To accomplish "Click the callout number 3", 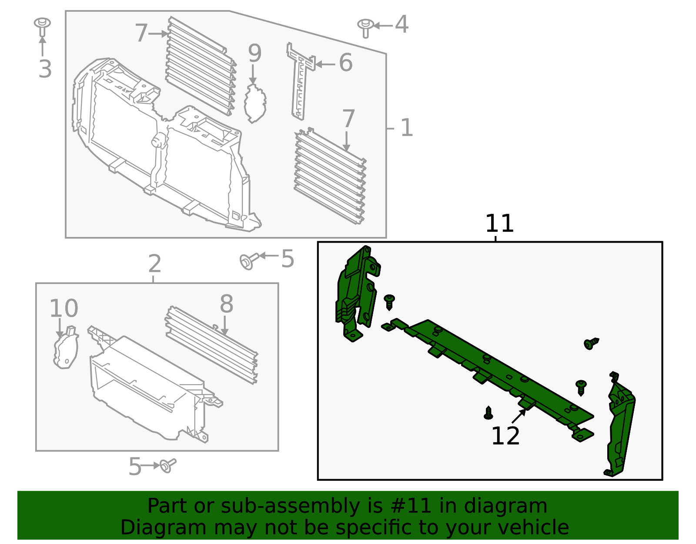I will coord(45,69).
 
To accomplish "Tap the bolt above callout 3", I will coord(42,27).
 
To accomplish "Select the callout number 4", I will coord(402,24).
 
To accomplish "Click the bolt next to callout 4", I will coord(365,27).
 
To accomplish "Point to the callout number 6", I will coord(345,63).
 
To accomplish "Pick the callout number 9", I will coord(254,53).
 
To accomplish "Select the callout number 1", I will coord(406,128).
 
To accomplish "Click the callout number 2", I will coord(154,264).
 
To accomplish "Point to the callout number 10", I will coord(64,308).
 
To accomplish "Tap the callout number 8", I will coord(226,304).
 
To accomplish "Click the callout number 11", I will coord(499,223).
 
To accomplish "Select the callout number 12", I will coord(505,436).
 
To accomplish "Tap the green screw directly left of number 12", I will coord(489,412).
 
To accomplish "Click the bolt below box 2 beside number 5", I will coord(168,465).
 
